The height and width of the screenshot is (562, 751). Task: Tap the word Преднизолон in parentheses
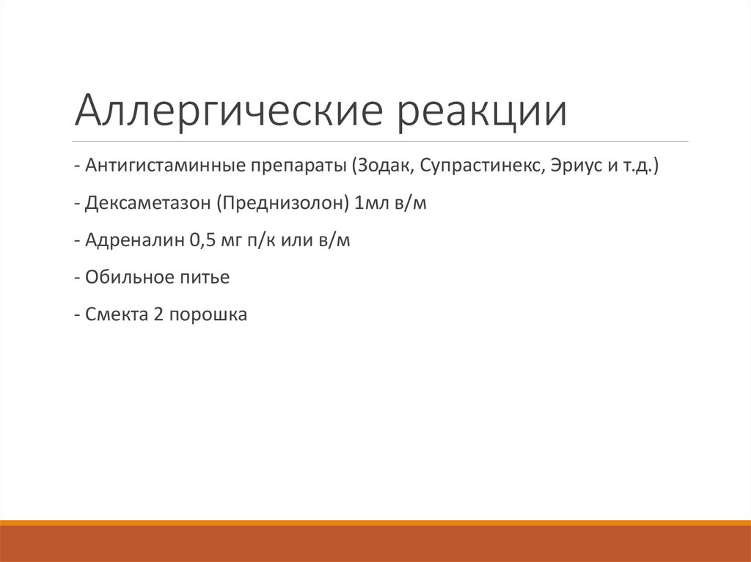283,204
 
